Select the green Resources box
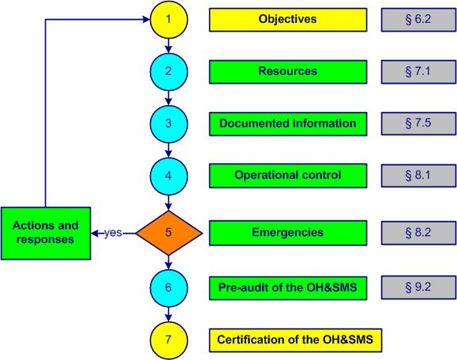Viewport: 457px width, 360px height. [287, 72]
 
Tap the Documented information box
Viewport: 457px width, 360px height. [287, 124]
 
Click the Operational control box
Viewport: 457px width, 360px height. [287, 175]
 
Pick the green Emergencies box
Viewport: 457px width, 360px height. [287, 233]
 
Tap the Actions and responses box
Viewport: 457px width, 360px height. [45, 233]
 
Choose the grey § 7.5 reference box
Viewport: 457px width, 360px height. [417, 124]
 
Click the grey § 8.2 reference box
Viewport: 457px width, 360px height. [417, 233]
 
